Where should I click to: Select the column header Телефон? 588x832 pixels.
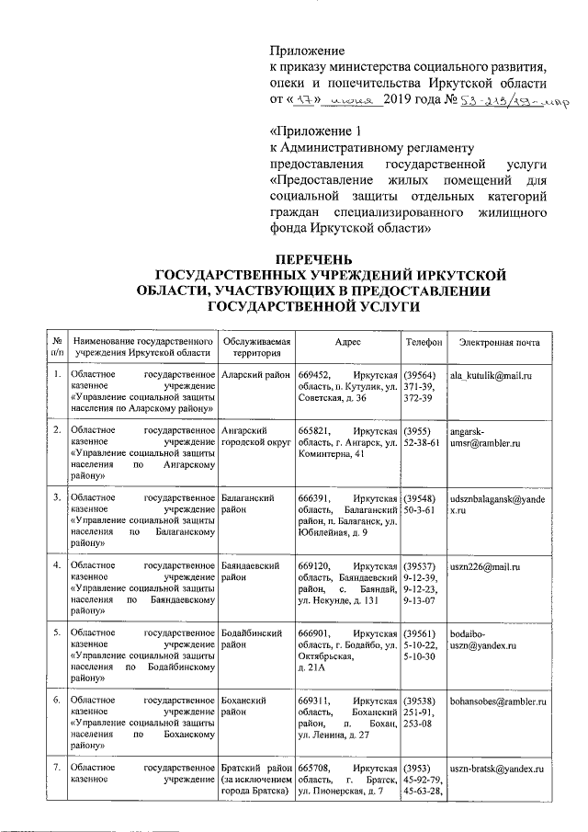424,342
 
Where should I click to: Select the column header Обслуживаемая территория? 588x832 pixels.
256,348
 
